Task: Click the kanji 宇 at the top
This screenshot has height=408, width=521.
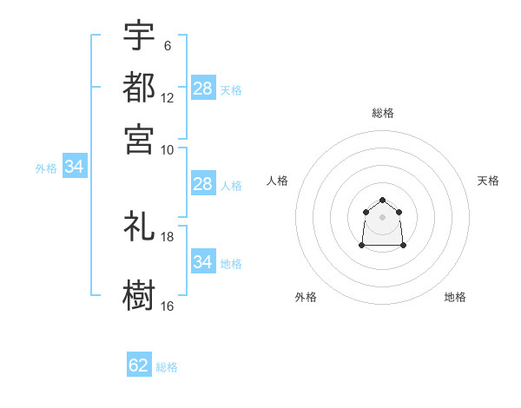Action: tap(139, 35)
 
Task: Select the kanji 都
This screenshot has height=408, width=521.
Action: tap(139, 87)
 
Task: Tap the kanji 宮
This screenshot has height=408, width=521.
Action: tap(139, 139)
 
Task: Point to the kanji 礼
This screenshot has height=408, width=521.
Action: tap(139, 226)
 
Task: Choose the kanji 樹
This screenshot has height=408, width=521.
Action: tap(139, 295)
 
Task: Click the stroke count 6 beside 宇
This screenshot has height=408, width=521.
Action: tap(168, 46)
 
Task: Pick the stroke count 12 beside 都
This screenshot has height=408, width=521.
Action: tap(167, 98)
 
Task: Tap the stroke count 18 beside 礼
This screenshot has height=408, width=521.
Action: tap(167, 237)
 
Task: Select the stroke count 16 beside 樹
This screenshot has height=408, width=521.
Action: tap(167, 306)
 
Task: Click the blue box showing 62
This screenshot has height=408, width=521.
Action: tap(139, 364)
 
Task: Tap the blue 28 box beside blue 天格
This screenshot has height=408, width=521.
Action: tap(203, 88)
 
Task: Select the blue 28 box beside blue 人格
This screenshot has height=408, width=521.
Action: tap(203, 183)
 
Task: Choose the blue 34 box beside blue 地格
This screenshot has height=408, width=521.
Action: tap(203, 260)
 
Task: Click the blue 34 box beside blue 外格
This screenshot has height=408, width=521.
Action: tap(75, 166)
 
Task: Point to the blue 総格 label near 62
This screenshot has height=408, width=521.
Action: tap(167, 367)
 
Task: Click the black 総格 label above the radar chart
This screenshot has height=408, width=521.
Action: tap(383, 113)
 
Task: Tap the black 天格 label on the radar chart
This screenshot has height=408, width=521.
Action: tap(488, 181)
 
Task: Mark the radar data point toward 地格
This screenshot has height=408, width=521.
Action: tap(403, 245)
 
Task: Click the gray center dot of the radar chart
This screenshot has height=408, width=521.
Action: tap(382, 217)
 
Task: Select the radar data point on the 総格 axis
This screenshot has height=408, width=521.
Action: tap(382, 200)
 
